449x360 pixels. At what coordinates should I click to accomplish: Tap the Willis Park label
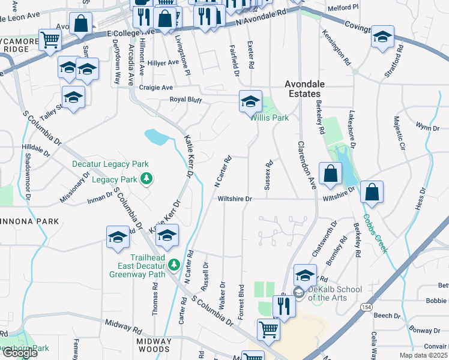270,118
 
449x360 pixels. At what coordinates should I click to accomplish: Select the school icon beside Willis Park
250,101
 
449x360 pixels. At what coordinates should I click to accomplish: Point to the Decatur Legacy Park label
110,164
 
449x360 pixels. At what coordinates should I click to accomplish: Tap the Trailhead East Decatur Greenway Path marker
173,264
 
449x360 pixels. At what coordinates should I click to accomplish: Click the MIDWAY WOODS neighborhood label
154,345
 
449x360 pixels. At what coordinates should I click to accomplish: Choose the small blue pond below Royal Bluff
155,137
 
